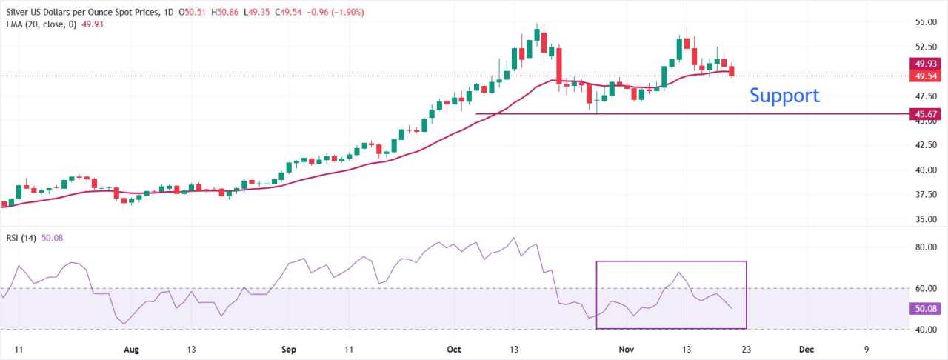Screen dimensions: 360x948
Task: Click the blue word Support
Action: pos(784,96)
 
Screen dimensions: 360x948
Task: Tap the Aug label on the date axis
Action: pos(131,347)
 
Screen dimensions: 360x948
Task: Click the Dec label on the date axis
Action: pos(807,347)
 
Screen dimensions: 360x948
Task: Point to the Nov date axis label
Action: pos(626,347)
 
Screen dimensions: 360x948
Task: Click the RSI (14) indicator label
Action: pos(21,237)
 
